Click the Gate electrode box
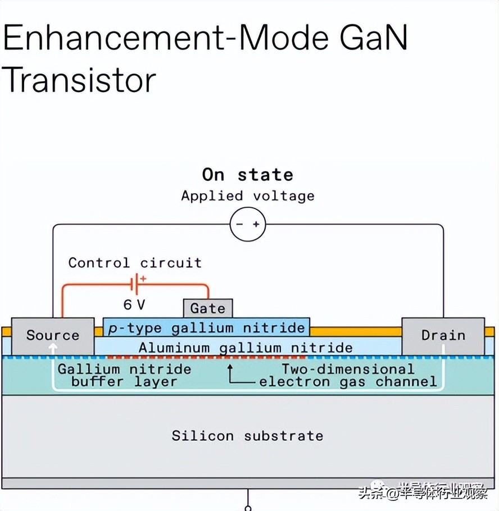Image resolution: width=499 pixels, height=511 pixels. click(x=208, y=308)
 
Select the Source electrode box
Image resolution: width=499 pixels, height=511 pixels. click(x=52, y=335)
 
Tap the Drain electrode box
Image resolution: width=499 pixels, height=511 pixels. click(x=443, y=335)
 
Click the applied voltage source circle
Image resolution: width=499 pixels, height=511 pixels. click(x=248, y=225)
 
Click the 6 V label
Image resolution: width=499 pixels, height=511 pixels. click(x=134, y=305)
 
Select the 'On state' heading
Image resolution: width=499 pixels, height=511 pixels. click(x=248, y=175)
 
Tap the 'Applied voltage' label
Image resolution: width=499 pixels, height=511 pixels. click(x=248, y=196)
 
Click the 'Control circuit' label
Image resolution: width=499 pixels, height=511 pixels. click(x=135, y=263)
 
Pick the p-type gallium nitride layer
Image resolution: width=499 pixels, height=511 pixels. click(x=206, y=328)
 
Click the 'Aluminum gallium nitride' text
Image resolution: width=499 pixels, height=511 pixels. click(x=246, y=348)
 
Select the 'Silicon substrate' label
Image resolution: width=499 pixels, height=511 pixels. click(x=248, y=436)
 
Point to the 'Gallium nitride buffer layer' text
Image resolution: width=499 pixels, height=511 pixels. click(x=124, y=376)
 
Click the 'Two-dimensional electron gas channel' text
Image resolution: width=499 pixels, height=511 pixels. click(x=348, y=376)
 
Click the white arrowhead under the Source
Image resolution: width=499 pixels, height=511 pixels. click(x=53, y=347)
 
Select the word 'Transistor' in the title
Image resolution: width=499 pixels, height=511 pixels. click(x=79, y=80)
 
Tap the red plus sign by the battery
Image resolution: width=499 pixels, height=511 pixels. click(x=143, y=278)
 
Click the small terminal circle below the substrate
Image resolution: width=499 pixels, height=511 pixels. click(x=248, y=508)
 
